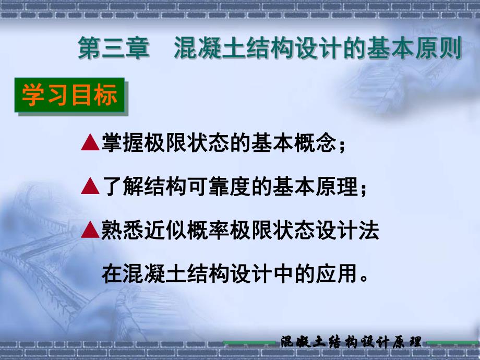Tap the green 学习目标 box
[69, 97]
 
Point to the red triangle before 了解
[90, 186]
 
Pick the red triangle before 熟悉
[90, 230]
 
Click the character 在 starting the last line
[112, 273]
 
